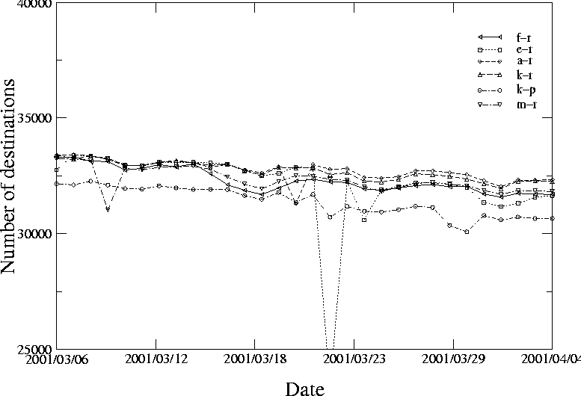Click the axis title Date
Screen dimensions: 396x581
tap(304, 387)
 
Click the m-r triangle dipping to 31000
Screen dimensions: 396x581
tap(108, 210)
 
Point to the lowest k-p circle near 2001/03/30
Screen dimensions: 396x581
tap(467, 232)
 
